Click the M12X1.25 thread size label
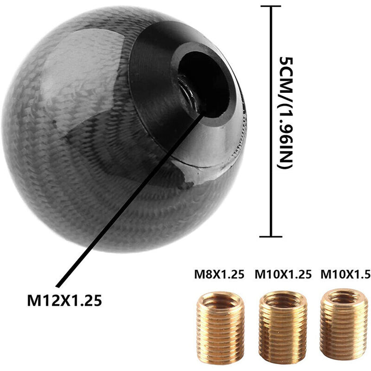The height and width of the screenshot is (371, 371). pyautogui.click(x=64, y=300)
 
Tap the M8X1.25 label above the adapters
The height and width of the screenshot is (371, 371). pyautogui.click(x=218, y=275)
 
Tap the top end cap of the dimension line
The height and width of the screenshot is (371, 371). pyautogui.click(x=271, y=6)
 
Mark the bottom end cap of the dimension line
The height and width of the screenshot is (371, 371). pyautogui.click(x=271, y=236)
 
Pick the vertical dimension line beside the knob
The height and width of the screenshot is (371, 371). pyautogui.click(x=271, y=122)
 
